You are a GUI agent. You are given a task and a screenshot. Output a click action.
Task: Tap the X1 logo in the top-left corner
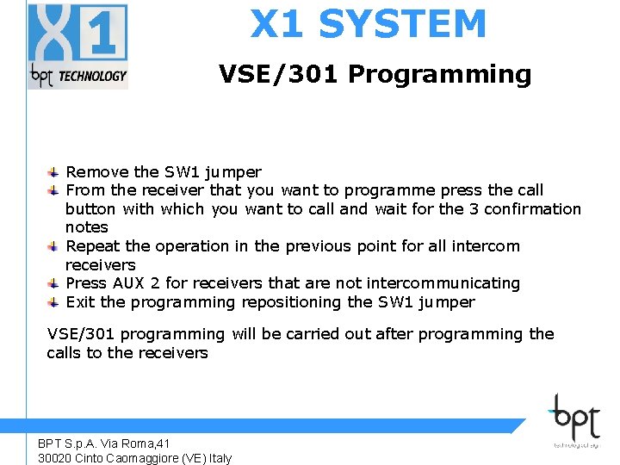point(78,46)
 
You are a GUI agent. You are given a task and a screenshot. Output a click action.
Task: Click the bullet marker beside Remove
point(53,171)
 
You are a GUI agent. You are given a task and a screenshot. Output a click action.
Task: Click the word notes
point(87,227)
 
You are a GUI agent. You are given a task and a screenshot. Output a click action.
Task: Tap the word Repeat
point(93,246)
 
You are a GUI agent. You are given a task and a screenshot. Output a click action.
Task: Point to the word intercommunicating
point(443,283)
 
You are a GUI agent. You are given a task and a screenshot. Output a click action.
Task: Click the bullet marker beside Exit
point(53,302)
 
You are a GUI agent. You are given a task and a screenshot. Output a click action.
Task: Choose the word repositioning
point(291,302)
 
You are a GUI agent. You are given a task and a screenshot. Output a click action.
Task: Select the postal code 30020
point(54,458)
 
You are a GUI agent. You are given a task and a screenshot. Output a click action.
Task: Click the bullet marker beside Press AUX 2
point(53,283)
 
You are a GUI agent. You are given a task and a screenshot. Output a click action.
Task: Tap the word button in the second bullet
point(90,208)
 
